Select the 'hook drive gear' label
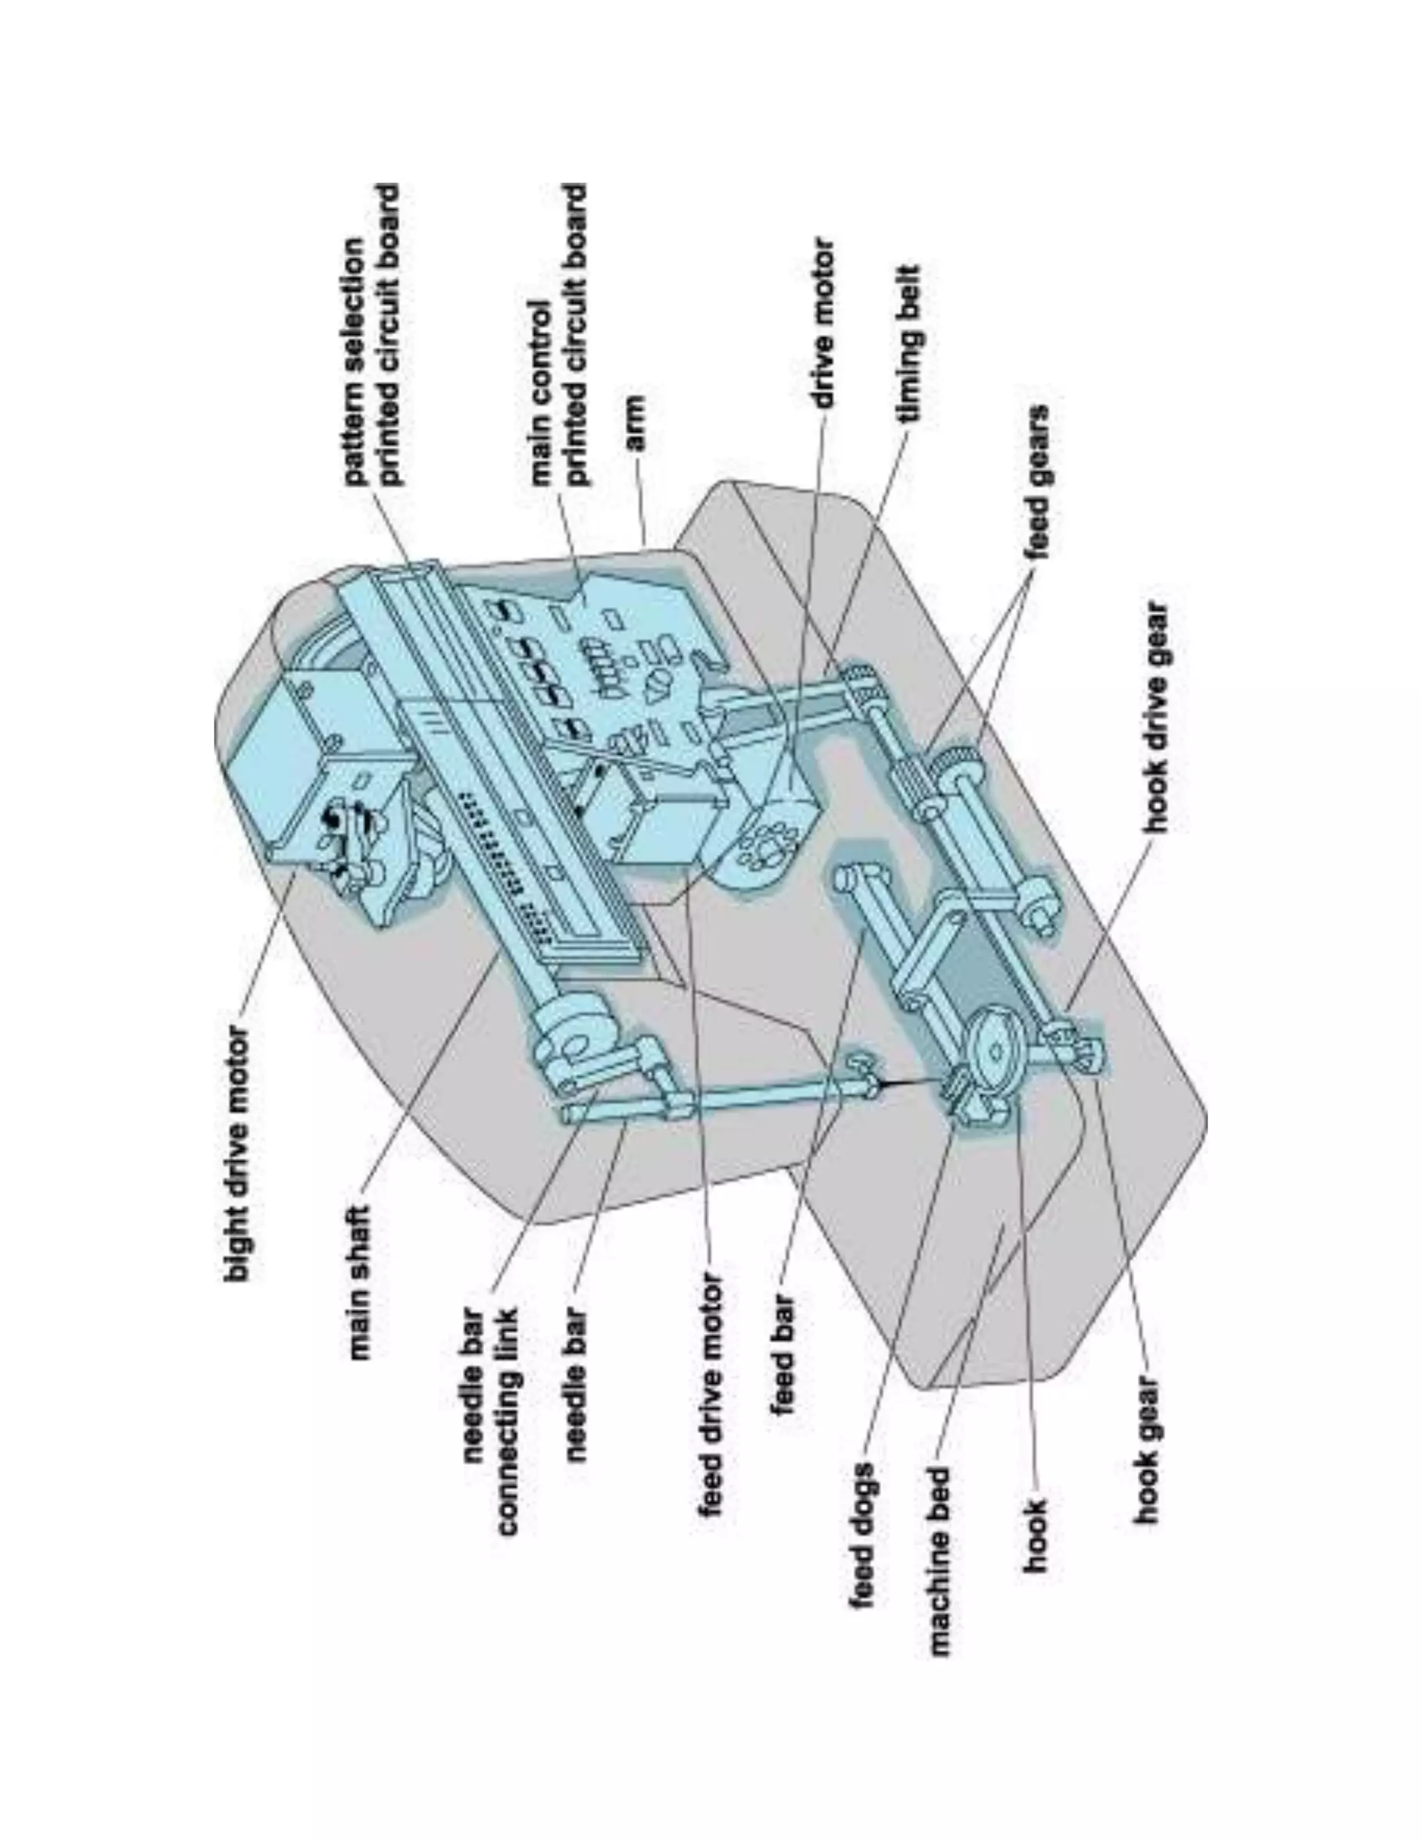click(1157, 716)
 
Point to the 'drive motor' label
click(825, 324)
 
